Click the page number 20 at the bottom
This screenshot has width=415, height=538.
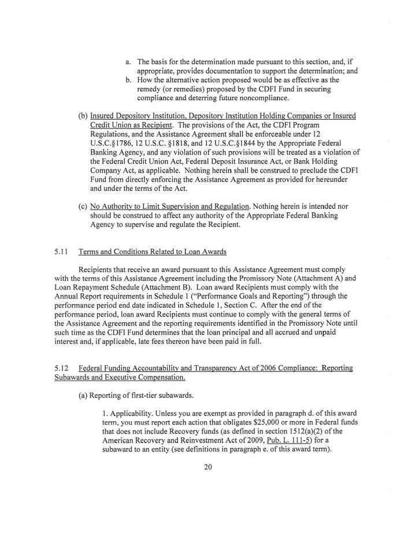pyautogui.click(x=208, y=467)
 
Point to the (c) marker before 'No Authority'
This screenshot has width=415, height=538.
pyautogui.click(x=83, y=207)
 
